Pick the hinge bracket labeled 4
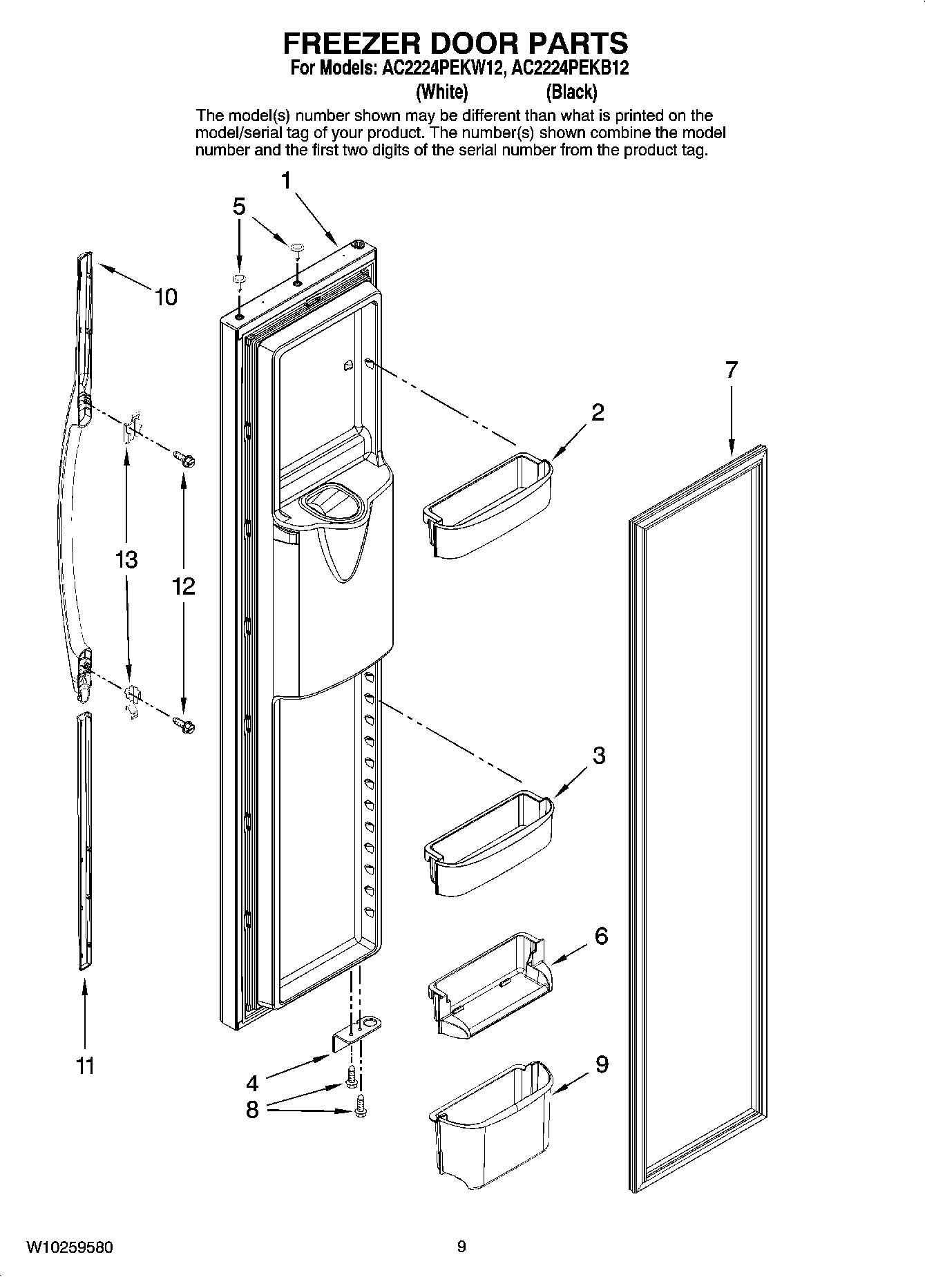(357, 1033)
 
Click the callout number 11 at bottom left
(85, 1066)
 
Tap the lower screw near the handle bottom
(184, 724)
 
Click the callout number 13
(126, 559)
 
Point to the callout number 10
(166, 297)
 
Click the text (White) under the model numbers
(442, 91)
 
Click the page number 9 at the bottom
(461, 1247)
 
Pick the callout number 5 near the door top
(238, 206)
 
